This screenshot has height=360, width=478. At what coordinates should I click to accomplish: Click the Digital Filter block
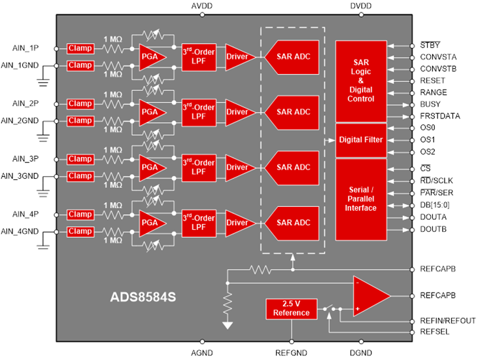click(361, 140)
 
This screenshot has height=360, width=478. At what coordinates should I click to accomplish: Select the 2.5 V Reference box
click(292, 309)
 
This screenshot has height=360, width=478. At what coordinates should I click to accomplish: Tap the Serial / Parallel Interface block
click(361, 199)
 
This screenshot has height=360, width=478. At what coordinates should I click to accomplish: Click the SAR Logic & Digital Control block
click(361, 81)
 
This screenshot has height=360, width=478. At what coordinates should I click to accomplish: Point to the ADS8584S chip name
click(143, 297)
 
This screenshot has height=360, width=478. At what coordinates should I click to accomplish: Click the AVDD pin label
click(202, 6)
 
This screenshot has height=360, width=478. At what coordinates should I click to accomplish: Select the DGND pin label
click(361, 353)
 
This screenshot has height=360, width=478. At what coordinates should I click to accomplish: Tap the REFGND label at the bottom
click(291, 353)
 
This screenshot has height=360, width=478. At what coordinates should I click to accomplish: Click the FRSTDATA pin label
click(440, 116)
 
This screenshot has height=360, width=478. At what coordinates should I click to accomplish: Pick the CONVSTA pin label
click(438, 57)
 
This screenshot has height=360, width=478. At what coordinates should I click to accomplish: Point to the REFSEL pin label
click(434, 332)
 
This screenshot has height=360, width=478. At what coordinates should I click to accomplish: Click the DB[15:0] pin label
click(435, 205)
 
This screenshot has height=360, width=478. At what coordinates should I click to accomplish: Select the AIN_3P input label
click(26, 159)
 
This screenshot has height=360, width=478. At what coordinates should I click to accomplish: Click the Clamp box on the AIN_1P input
click(80, 48)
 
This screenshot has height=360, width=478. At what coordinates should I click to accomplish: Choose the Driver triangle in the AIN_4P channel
click(240, 223)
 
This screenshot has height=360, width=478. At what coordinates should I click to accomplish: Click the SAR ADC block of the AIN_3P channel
click(292, 168)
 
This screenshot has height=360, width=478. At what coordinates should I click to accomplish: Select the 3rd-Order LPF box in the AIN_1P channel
click(199, 57)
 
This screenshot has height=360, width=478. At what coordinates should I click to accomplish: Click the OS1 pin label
click(428, 139)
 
